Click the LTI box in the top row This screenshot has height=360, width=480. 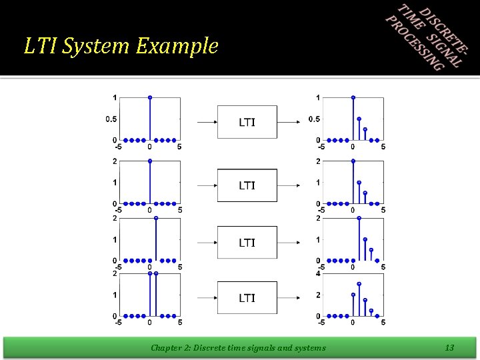tap(247, 122)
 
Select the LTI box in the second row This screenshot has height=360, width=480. tap(247, 185)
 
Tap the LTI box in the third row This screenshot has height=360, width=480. tap(247, 243)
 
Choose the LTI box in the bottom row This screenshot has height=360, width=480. tap(247, 297)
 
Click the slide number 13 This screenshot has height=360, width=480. tap(449, 347)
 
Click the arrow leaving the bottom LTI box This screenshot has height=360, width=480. tap(289, 298)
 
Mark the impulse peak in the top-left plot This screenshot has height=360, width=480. tap(150, 97)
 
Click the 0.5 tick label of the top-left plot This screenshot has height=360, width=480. tap(111, 119)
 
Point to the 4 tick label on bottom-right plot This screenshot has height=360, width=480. tap(319, 273)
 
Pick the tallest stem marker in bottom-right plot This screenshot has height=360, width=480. tap(359, 284)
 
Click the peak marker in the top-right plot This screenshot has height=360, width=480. tap(353, 97)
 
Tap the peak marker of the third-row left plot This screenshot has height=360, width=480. tap(156, 218)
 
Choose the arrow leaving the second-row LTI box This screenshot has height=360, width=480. tap(289, 185)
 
